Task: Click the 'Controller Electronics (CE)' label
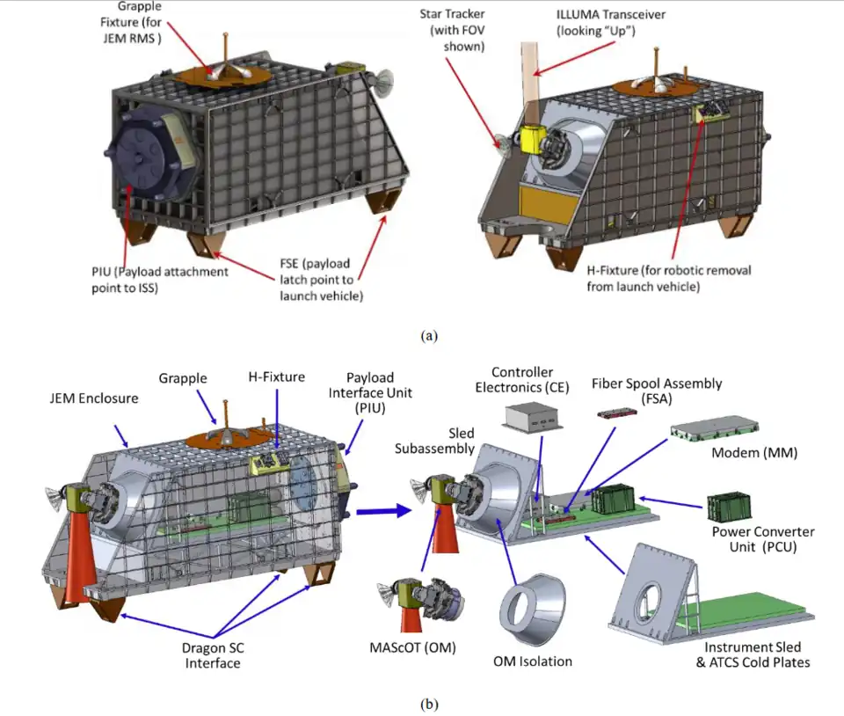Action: pyautogui.click(x=525, y=379)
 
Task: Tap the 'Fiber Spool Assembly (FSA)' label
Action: pyautogui.click(x=657, y=390)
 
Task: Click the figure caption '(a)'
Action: pyautogui.click(x=428, y=335)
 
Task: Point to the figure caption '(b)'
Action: pyautogui.click(x=428, y=703)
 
